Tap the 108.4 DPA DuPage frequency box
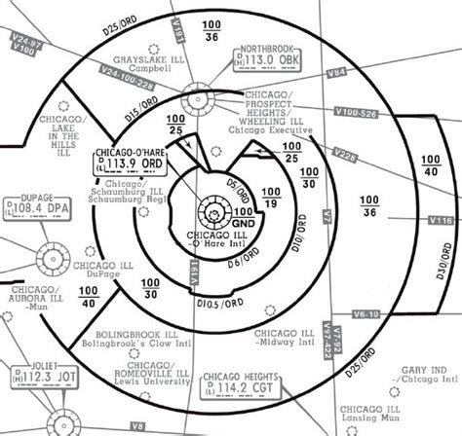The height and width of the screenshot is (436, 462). (x=37, y=207)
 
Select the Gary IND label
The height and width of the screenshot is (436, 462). (x=420, y=373)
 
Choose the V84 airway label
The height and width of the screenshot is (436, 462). (x=337, y=72)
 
